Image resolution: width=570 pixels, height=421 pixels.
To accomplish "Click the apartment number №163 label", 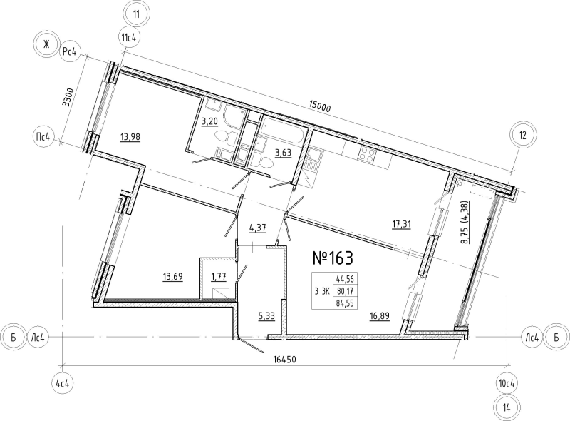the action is pyautogui.click(x=333, y=258).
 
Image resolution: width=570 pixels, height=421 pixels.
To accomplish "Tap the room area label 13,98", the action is pyautogui.click(x=130, y=137).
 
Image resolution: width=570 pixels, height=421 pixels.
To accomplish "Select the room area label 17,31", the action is pyautogui.click(x=401, y=224).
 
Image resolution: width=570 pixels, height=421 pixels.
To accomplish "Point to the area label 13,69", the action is pyautogui.click(x=172, y=277).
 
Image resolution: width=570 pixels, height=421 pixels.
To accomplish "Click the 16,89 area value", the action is pyautogui.click(x=380, y=317).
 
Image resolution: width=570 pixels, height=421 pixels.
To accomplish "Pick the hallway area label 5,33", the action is pyautogui.click(x=266, y=317).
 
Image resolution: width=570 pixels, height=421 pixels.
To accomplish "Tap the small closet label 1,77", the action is pyautogui.click(x=219, y=277).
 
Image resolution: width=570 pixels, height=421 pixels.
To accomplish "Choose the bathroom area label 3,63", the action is pyautogui.click(x=283, y=153).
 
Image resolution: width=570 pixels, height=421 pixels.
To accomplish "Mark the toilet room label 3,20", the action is pyautogui.click(x=209, y=121).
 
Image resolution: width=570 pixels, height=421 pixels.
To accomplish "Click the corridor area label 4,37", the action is pyautogui.click(x=258, y=228).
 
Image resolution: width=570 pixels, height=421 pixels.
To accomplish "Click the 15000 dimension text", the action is pyautogui.click(x=319, y=107).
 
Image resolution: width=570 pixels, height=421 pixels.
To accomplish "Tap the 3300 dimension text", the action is pyautogui.click(x=68, y=97).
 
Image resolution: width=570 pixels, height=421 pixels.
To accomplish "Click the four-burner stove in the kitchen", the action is pyautogui.click(x=366, y=154).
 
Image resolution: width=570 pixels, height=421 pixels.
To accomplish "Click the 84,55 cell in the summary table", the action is pyautogui.click(x=345, y=303).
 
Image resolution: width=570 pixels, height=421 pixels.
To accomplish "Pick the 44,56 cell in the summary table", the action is pyautogui.click(x=345, y=279).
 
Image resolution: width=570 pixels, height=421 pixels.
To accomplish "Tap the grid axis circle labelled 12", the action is pyautogui.click(x=522, y=136).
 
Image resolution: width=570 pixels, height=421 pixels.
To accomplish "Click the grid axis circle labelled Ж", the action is pyautogui.click(x=46, y=45).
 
